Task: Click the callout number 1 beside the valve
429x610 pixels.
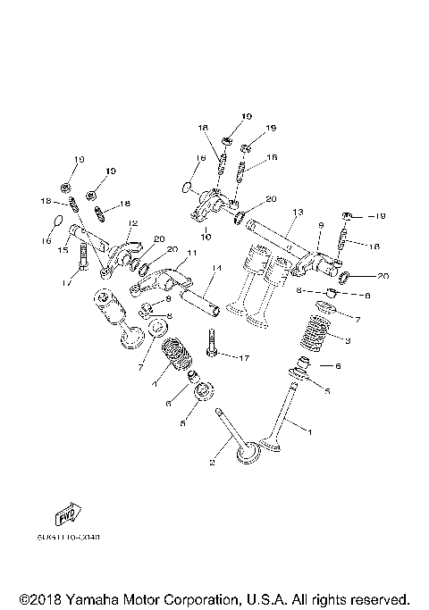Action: [x=310, y=431]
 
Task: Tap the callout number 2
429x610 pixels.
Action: [x=212, y=462]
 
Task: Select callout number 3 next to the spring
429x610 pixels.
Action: [x=348, y=340]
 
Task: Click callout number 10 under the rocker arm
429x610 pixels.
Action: [x=206, y=238]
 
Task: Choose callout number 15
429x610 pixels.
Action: [x=63, y=251]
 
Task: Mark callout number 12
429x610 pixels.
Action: [x=132, y=223]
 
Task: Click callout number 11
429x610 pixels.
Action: [x=189, y=254]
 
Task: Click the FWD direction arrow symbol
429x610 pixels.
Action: [x=64, y=517]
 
